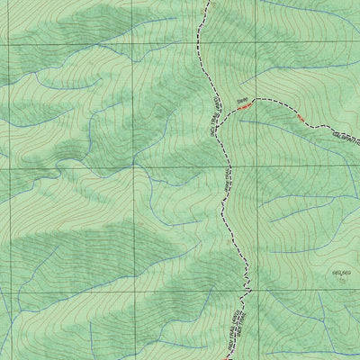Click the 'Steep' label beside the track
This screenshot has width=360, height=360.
tap(241, 101)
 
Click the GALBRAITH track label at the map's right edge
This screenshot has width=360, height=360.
tap(346, 135)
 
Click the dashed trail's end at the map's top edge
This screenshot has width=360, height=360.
tap(207, 2)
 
